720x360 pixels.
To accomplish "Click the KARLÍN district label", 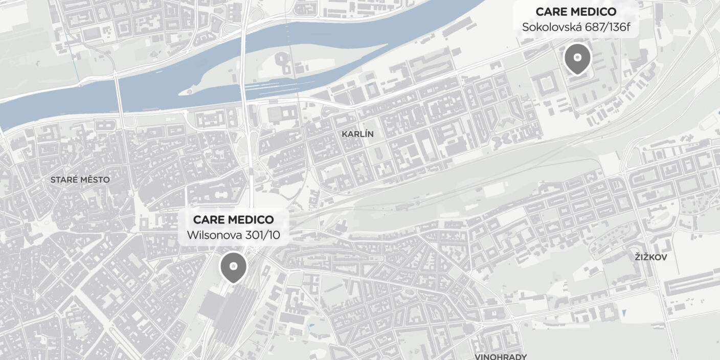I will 358,134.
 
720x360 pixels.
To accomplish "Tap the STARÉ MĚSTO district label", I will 80,180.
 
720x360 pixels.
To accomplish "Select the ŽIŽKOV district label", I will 651,257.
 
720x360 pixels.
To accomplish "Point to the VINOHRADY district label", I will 501,356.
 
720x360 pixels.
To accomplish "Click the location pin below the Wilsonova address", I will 233,267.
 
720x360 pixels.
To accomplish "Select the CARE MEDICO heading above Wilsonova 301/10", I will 233,220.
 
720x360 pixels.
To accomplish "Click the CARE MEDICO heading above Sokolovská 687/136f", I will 576,12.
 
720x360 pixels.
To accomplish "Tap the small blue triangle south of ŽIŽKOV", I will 625,313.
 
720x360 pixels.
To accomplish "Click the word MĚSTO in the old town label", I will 95,180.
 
